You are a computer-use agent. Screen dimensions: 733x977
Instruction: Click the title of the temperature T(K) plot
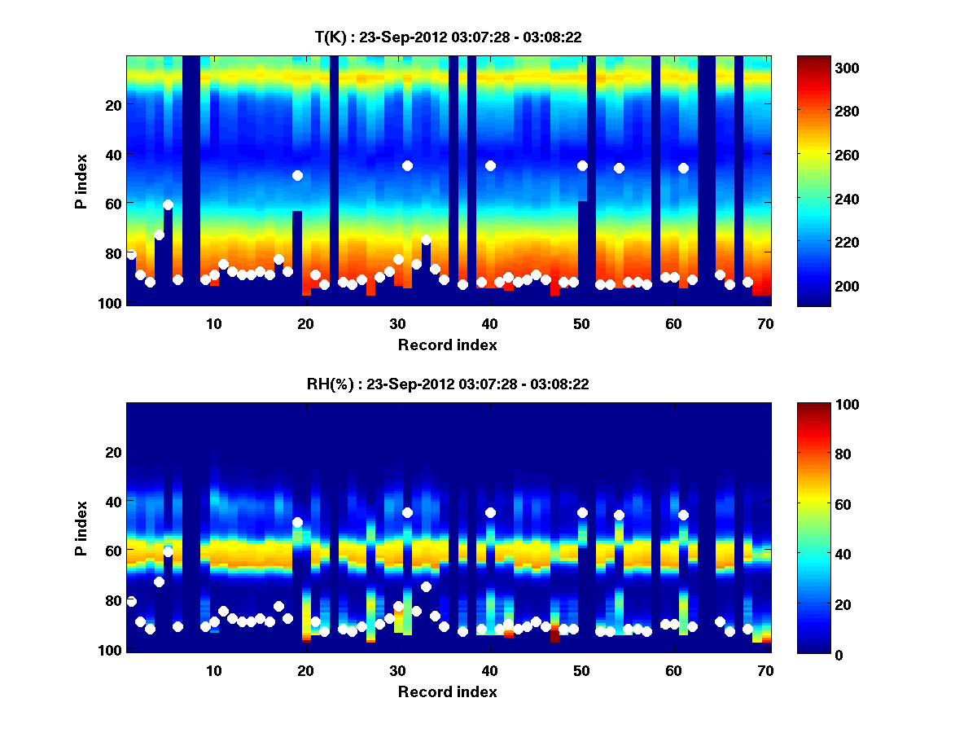click(x=448, y=37)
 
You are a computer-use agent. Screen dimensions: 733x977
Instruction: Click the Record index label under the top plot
click(x=448, y=345)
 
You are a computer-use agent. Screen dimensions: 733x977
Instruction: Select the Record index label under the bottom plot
click(x=448, y=692)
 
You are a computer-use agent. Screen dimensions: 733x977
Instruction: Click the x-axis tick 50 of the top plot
click(x=581, y=323)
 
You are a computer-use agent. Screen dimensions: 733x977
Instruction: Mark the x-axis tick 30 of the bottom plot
click(x=397, y=670)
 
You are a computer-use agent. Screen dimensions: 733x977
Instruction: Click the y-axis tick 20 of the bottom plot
click(x=112, y=452)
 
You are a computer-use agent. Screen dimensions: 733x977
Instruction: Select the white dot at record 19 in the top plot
click(x=297, y=175)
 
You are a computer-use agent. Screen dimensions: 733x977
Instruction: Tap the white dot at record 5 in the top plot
click(x=168, y=204)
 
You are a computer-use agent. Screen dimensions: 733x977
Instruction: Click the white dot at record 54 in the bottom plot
click(x=619, y=515)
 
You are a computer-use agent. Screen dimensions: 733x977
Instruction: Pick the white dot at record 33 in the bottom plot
click(x=426, y=586)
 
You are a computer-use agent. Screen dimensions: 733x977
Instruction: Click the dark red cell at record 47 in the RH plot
click(x=554, y=635)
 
